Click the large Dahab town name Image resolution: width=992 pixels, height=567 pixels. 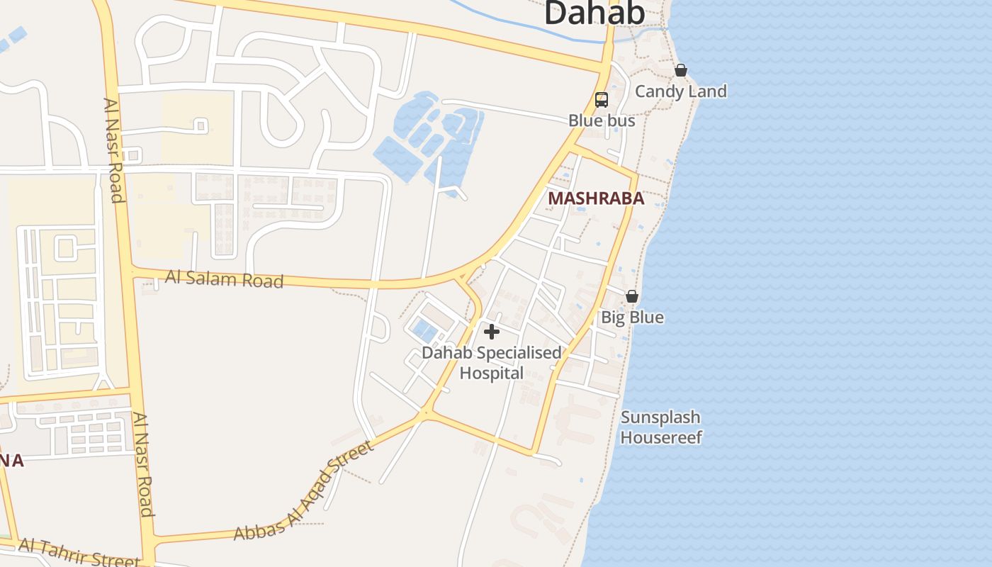(x=594, y=13)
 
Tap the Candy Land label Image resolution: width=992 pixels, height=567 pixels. (x=680, y=91)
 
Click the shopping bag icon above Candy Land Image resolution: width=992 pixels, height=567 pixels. (x=680, y=70)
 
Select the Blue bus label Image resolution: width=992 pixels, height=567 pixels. (x=602, y=120)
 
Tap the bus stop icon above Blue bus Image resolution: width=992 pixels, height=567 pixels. (x=602, y=100)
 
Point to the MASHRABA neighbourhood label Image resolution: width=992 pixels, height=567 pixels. (x=596, y=198)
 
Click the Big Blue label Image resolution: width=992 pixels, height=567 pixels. (x=632, y=317)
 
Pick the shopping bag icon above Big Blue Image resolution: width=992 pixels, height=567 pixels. (x=632, y=296)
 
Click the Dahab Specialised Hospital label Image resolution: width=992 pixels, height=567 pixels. (x=492, y=362)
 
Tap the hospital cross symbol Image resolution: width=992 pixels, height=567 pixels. (x=491, y=332)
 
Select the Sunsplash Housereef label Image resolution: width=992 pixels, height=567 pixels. (x=660, y=427)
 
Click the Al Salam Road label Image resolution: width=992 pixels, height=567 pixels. (x=224, y=279)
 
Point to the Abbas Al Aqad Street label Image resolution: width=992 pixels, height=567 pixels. (x=305, y=490)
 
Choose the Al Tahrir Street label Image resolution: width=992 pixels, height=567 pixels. (x=79, y=551)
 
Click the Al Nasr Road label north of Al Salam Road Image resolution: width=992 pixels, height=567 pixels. (x=115, y=150)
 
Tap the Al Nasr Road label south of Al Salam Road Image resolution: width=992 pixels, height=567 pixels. (x=142, y=465)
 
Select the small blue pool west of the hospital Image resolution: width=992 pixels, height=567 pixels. (x=424, y=330)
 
